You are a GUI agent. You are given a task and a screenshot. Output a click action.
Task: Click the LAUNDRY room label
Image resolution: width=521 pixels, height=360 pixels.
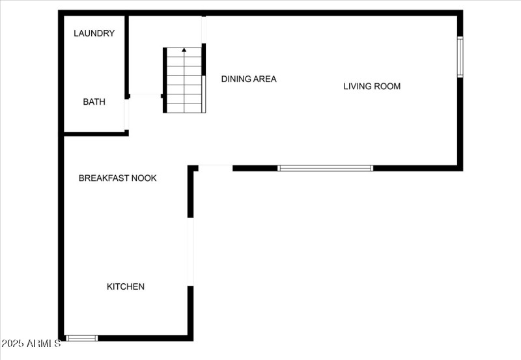[x=94, y=33]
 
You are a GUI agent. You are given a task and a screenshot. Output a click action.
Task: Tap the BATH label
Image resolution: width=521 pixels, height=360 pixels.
[x=94, y=102]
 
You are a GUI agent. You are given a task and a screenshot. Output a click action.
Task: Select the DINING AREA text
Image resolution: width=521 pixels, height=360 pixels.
[x=249, y=79]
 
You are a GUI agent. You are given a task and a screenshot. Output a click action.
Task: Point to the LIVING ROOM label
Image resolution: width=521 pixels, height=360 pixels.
[x=372, y=87]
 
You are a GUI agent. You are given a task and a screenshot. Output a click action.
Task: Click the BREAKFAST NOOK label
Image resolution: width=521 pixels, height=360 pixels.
[x=118, y=178]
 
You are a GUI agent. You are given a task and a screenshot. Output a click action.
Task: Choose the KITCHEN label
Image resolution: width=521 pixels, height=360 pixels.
[x=126, y=286]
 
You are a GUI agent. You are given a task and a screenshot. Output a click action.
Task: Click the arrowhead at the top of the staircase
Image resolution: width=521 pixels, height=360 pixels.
[x=184, y=50]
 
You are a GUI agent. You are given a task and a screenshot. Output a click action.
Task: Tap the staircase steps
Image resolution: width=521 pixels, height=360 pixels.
[x=184, y=80]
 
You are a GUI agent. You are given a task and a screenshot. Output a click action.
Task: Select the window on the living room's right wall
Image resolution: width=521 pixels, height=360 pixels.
[x=460, y=57]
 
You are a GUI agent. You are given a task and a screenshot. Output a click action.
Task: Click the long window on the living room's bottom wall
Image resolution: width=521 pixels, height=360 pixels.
[x=325, y=169]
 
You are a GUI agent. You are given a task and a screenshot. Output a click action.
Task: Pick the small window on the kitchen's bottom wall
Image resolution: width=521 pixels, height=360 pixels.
[x=82, y=339]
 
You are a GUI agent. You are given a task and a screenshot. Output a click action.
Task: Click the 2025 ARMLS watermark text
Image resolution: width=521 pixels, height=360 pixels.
[x=31, y=343]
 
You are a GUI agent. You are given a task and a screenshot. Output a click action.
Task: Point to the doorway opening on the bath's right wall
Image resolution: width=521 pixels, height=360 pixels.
[x=126, y=115]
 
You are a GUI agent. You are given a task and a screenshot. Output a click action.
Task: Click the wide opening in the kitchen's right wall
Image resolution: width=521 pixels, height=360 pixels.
[x=190, y=252]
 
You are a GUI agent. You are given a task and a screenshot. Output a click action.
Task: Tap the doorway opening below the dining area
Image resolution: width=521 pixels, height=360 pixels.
[x=216, y=168]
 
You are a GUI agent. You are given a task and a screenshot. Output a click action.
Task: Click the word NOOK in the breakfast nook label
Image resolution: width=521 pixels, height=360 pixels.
[x=144, y=178]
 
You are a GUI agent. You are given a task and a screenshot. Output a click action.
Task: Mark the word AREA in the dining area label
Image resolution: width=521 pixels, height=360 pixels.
[x=264, y=79]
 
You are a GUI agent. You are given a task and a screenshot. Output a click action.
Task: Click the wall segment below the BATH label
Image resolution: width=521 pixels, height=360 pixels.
[x=96, y=134]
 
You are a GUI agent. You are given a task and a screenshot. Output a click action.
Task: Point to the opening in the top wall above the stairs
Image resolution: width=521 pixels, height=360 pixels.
[x=204, y=29]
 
